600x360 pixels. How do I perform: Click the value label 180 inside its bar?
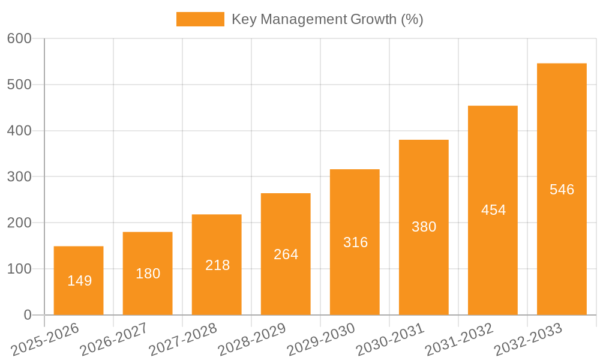coord(148,274)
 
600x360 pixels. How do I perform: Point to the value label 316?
coord(355,242)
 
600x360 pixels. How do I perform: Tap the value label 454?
coord(493,210)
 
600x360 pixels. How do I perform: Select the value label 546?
coord(562,190)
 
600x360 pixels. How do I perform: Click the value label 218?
coord(217,265)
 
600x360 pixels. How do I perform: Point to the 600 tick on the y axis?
coord(19,38)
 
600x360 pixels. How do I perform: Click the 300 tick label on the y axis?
coord(19,176)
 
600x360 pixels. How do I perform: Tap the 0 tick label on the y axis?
coord(28,315)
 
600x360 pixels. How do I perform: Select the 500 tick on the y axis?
coord(19,85)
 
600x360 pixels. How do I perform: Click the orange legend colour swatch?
coord(200,19)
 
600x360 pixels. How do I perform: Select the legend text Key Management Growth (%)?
coord(327,19)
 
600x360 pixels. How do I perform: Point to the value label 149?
coord(79,281)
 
